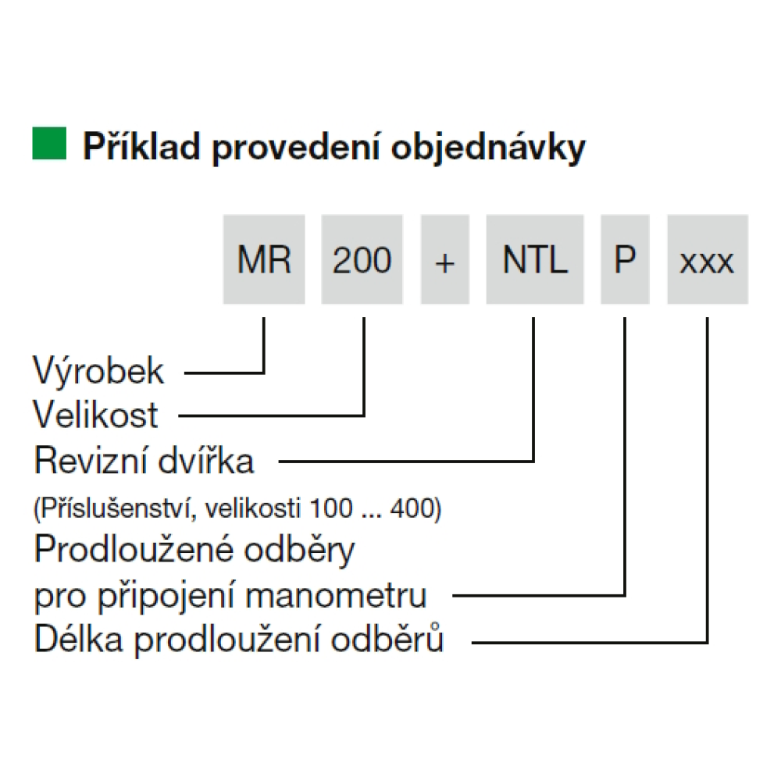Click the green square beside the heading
(x=49, y=144)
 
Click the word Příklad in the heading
(x=141, y=147)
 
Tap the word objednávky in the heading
(x=489, y=148)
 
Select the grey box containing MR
(x=264, y=259)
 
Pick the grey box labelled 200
(x=362, y=259)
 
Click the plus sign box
(x=445, y=259)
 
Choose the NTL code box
(x=535, y=259)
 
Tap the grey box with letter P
(x=625, y=259)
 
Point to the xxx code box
(x=708, y=259)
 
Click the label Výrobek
(x=98, y=371)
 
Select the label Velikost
(x=95, y=415)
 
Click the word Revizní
(x=89, y=460)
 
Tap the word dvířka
(x=205, y=459)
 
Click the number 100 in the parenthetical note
(x=331, y=509)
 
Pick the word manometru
(x=336, y=596)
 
